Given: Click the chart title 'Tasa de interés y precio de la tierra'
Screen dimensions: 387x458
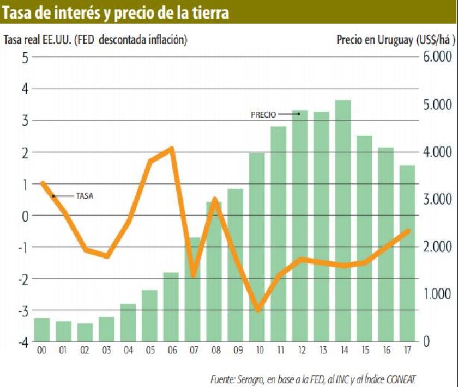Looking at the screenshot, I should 116,13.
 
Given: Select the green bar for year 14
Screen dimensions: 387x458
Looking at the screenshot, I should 342,220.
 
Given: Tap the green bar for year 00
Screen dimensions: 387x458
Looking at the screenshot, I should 41,330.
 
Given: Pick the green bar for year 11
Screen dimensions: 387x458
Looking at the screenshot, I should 278,234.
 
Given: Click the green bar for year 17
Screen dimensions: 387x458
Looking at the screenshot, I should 407,254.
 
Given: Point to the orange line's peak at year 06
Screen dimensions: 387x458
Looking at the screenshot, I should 172,148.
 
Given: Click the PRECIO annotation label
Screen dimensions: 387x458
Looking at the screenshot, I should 263,115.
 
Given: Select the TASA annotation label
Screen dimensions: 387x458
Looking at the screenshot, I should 85,196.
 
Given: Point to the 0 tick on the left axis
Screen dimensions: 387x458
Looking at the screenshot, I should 25,216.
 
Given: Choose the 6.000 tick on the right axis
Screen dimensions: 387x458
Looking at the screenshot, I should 437,57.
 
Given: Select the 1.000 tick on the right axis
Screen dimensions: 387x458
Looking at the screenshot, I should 437,294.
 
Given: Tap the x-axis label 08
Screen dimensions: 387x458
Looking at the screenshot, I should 214,351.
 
